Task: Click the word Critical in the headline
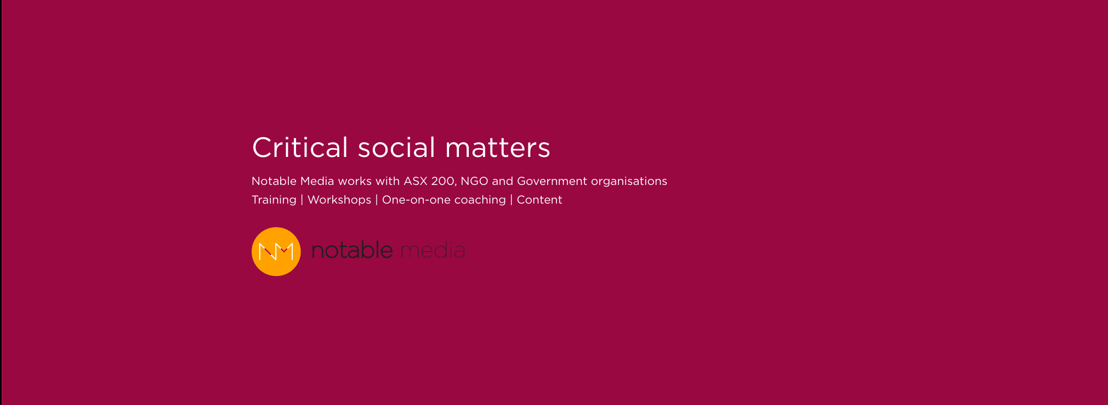click(x=300, y=147)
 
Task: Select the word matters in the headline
click(x=497, y=148)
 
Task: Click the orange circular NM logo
click(x=276, y=251)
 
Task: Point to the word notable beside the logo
click(x=352, y=250)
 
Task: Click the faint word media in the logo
click(x=433, y=250)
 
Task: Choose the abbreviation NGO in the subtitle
click(x=474, y=181)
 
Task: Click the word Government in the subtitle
click(x=552, y=181)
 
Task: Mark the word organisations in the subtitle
click(x=629, y=182)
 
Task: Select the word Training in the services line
click(x=274, y=200)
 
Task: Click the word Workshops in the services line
click(x=339, y=200)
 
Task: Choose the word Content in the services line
click(x=539, y=200)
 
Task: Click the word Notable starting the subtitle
click(x=274, y=181)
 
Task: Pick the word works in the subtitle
click(x=355, y=181)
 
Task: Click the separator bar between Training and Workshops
click(x=302, y=200)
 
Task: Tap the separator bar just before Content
click(x=512, y=200)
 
